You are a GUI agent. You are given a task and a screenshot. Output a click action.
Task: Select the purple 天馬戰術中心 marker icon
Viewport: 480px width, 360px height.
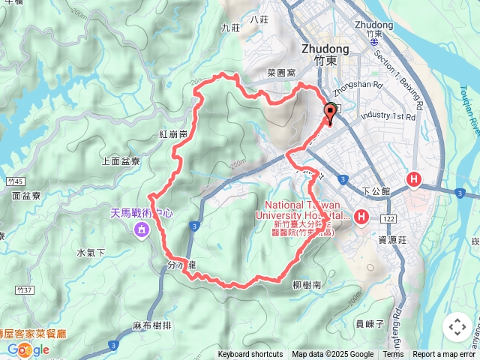pos(141,231)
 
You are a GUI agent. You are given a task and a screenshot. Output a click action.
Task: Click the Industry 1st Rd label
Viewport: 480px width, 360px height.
pos(388,117)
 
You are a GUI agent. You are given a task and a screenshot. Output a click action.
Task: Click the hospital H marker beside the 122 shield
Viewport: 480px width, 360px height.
pos(361,217)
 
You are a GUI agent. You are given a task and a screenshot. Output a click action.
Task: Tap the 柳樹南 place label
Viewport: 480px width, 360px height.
pos(307,285)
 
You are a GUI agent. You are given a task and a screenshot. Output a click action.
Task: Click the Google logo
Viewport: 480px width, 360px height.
pos(28,349)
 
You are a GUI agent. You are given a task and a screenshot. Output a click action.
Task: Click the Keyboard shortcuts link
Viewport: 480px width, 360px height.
pos(250,355)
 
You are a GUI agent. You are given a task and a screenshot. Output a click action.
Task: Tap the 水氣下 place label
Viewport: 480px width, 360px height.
pos(91,253)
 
